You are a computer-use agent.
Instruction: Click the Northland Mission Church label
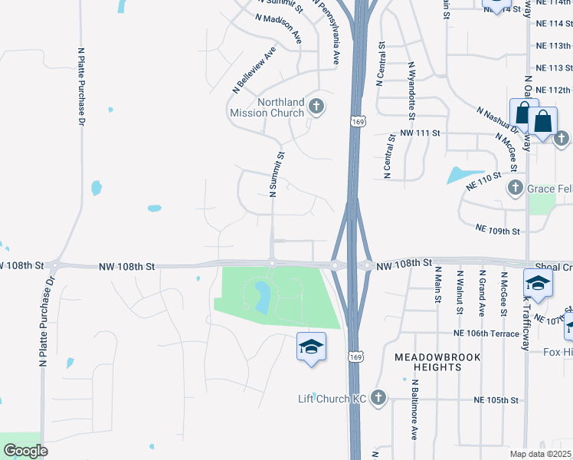pos(267,107)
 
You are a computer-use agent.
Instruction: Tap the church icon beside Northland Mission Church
pos(316,107)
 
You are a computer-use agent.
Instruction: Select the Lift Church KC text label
pos(332,398)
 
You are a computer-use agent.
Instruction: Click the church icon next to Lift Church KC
pos(378,397)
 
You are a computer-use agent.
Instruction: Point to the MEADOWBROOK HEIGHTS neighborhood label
pos(438,362)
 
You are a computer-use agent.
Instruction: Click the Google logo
pos(25,451)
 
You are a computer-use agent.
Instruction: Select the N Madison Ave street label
pos(280,28)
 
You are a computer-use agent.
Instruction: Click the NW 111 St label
pos(421,133)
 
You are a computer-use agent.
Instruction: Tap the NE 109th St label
pos(497,229)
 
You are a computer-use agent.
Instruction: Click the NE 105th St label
pos(496,400)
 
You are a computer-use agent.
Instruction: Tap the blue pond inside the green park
pos(262,297)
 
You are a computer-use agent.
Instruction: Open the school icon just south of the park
pos(312,347)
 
